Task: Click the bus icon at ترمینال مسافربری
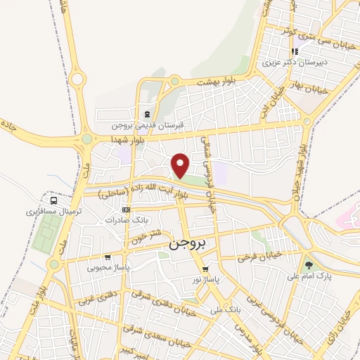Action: point(54,200)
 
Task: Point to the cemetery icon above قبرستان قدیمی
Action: point(147,115)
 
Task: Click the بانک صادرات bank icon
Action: point(126,210)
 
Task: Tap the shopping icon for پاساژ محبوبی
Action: point(108,257)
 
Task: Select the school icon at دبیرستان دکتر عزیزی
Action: point(296,51)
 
